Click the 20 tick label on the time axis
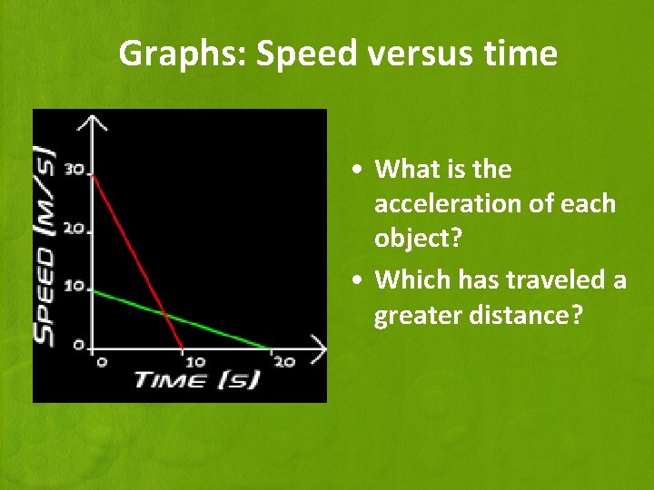(283, 362)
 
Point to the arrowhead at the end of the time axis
(318, 347)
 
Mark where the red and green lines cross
(163, 315)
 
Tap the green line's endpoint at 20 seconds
(271, 348)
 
